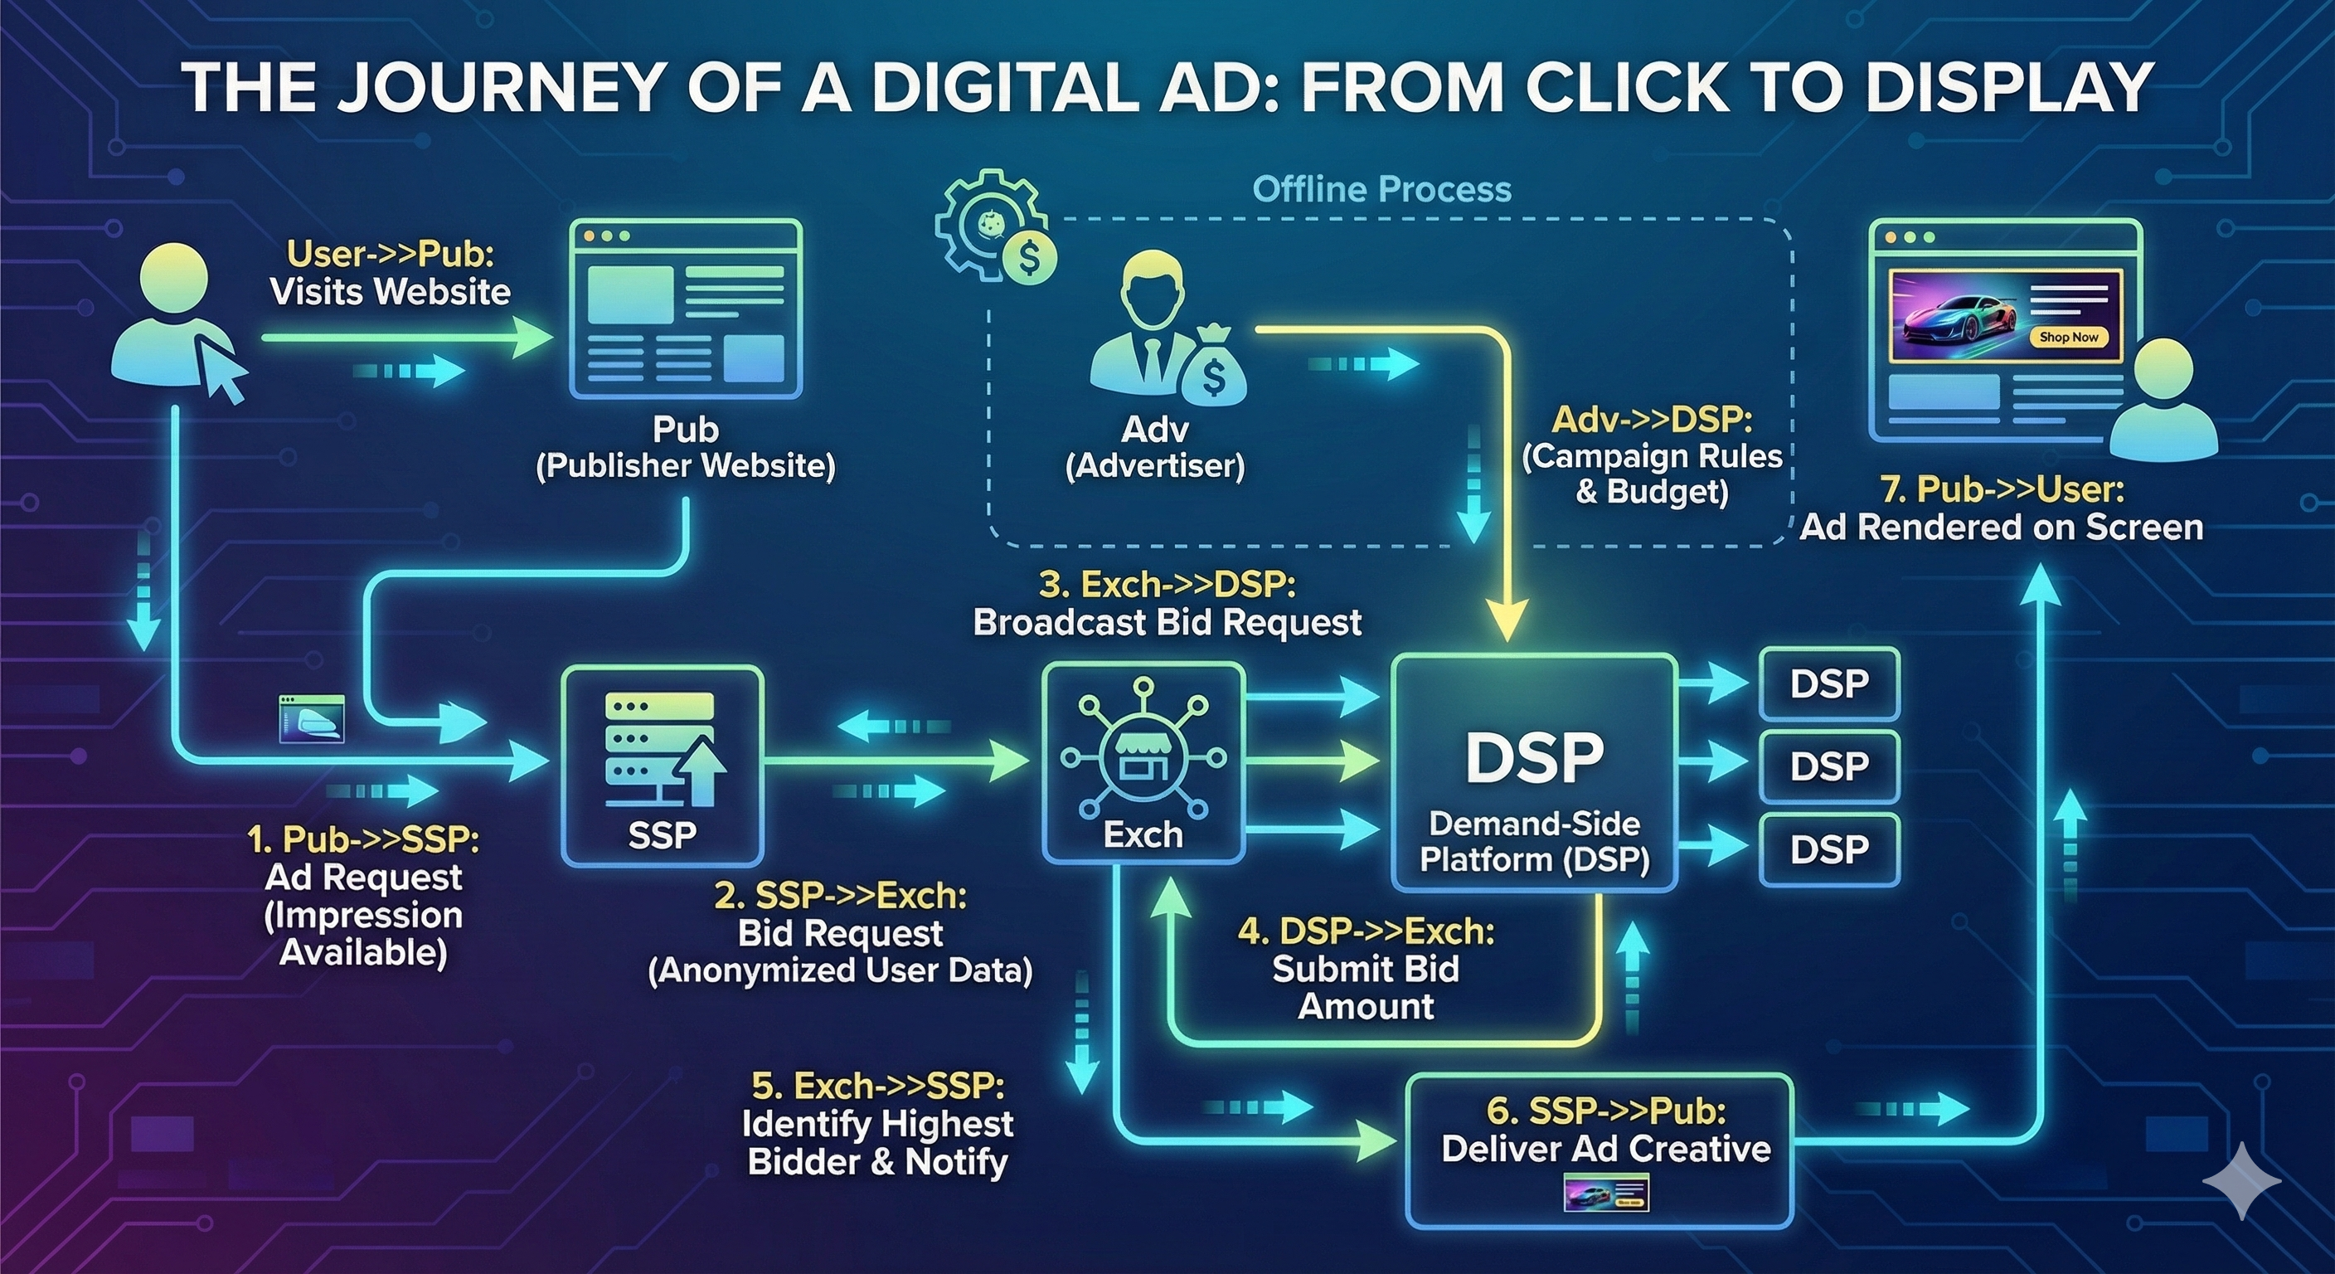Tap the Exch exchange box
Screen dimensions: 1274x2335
(x=1142, y=762)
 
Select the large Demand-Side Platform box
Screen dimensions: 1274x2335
(x=1534, y=771)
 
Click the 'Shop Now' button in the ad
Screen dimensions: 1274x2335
(x=2069, y=337)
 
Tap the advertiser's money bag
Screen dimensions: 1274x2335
(x=1212, y=372)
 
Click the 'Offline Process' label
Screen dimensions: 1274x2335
(x=1381, y=189)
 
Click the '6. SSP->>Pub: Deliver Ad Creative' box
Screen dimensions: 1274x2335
(x=1600, y=1150)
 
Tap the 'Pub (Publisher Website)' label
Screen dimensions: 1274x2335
(x=685, y=447)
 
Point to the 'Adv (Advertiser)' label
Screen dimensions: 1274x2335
(x=1154, y=447)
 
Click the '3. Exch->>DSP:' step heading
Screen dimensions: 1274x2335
(x=1167, y=585)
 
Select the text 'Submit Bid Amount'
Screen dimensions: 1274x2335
(x=1365, y=988)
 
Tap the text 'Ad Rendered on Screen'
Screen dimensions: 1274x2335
(x=2002, y=527)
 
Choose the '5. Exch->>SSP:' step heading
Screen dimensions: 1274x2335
(x=877, y=1087)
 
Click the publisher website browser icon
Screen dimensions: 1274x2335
(x=685, y=309)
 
